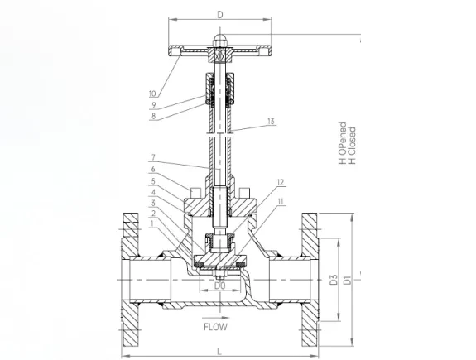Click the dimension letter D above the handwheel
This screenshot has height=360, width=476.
coord(220,15)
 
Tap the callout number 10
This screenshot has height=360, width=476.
coord(152,94)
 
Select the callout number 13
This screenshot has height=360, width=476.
coord(271,121)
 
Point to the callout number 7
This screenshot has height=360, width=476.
coord(153,157)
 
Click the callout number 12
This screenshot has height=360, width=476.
coord(280,182)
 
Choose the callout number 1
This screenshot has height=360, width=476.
coord(151,223)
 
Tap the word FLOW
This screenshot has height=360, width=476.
coord(215,327)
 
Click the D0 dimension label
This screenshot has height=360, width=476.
coord(220,286)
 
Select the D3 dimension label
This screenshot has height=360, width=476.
coord(334,279)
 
